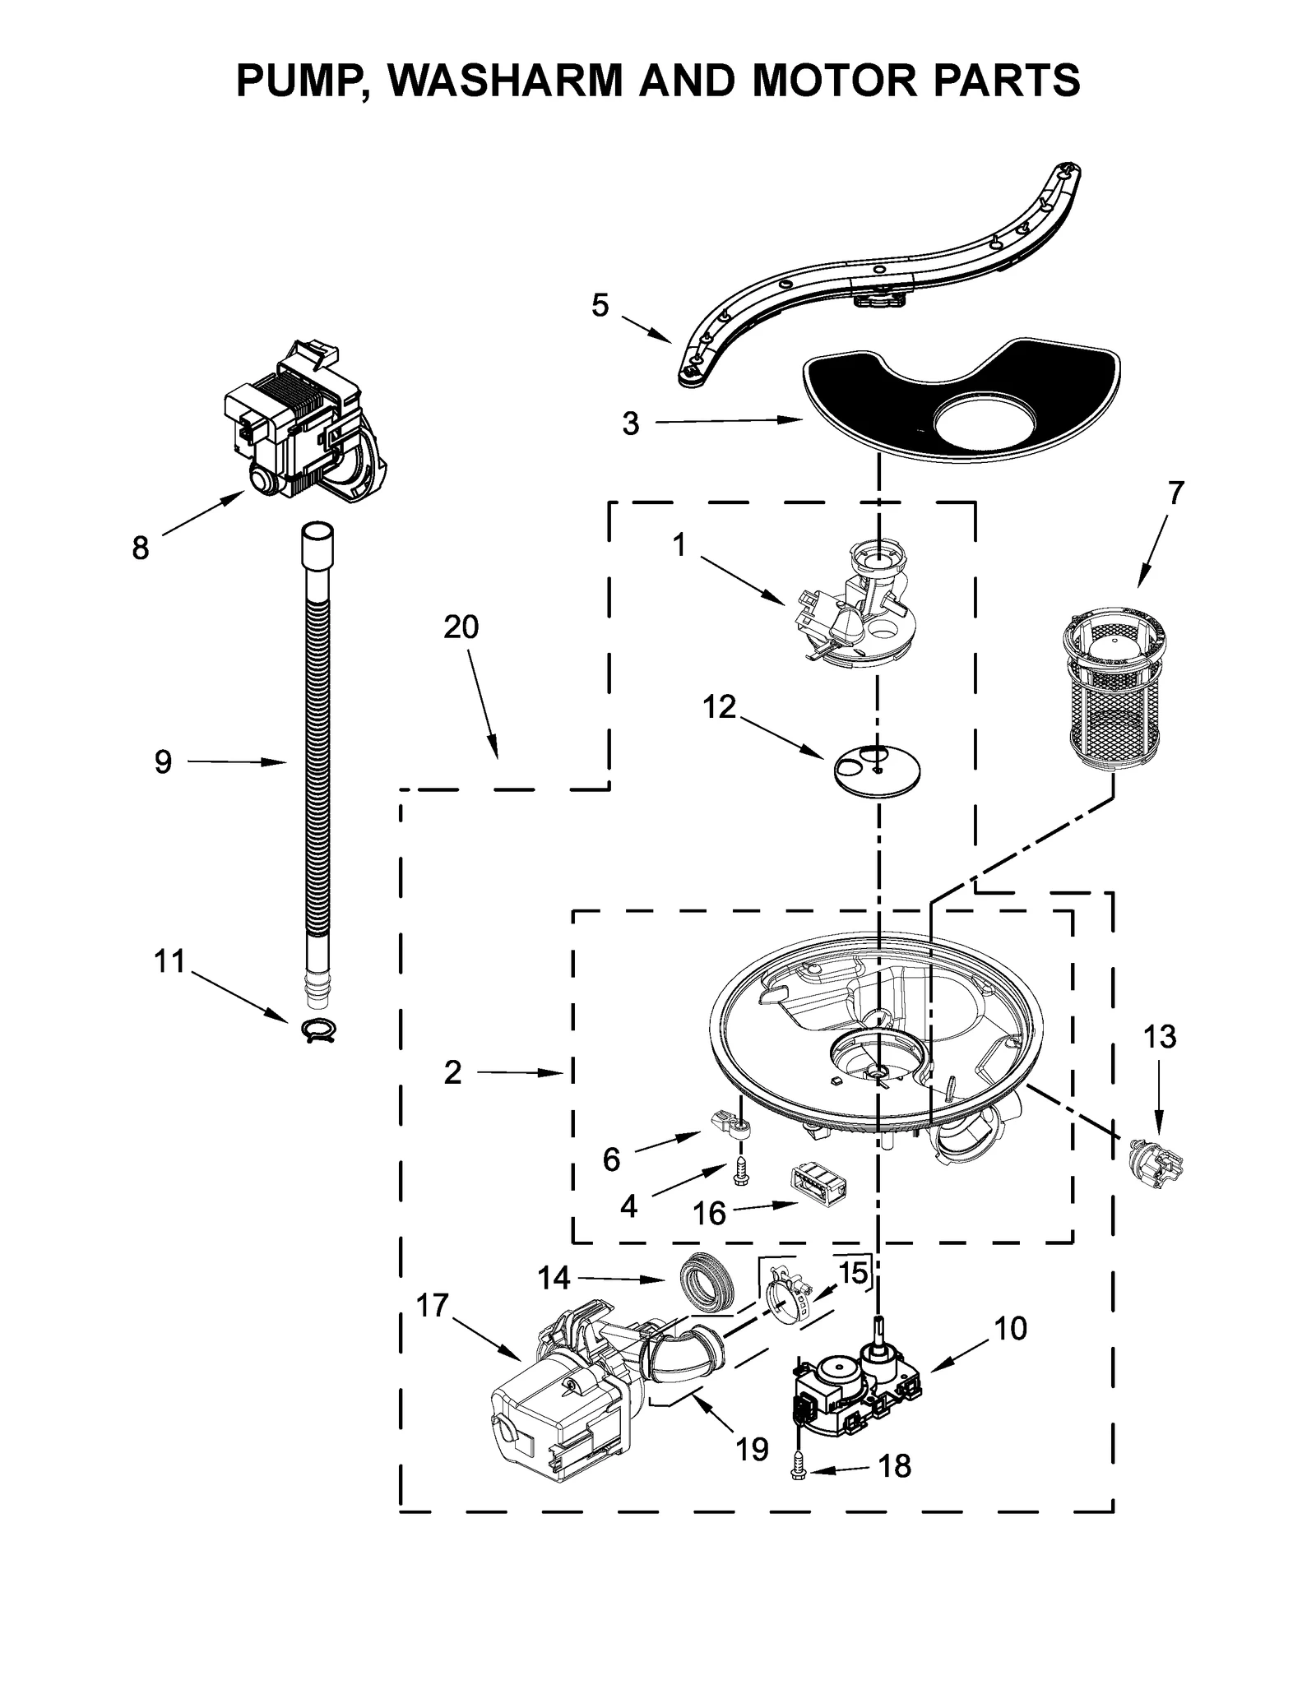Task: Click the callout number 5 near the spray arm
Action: coord(600,306)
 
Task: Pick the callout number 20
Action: coord(461,627)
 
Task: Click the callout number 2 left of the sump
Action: coord(452,1073)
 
